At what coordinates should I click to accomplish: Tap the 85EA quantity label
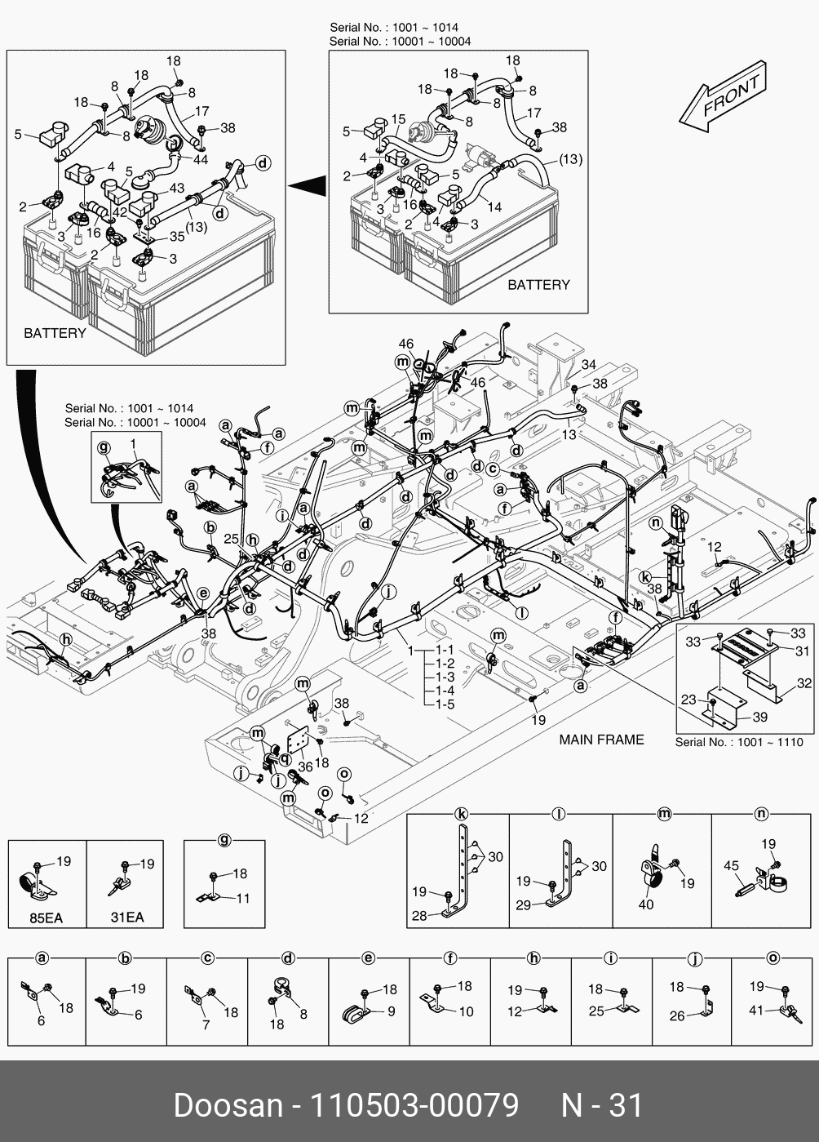pos(46,918)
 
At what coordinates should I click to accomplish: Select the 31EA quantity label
pos(126,918)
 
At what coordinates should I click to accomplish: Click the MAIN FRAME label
pos(601,740)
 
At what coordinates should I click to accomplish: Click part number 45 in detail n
pos(731,866)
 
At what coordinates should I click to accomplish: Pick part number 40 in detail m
pos(646,904)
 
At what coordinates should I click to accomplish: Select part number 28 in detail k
pos(419,916)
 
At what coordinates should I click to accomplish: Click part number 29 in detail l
pos(523,905)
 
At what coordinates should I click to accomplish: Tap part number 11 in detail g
pos(243,899)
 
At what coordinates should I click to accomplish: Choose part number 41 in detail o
pos(756,1011)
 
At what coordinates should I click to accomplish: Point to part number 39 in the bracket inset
pos(759,717)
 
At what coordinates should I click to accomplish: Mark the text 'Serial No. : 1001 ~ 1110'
pos(739,743)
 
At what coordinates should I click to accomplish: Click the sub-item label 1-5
pos(445,704)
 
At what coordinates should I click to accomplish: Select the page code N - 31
pos(602,1105)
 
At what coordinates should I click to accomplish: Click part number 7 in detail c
pos(206,1024)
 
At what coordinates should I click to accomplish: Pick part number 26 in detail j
pos(677,1016)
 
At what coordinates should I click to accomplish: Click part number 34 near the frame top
pos(588,365)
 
